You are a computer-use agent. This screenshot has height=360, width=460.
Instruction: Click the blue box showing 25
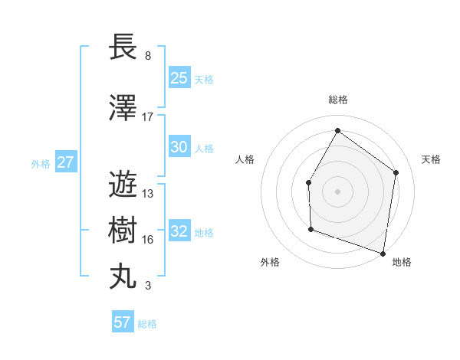[x=179, y=78]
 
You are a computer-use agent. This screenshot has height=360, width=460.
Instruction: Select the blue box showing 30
[x=179, y=147]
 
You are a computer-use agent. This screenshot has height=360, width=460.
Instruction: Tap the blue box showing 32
[x=179, y=231]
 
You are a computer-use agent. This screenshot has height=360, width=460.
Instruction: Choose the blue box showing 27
[x=65, y=162]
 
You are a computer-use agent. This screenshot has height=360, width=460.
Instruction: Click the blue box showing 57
[x=123, y=322]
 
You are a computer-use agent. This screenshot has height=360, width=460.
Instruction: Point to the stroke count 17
[x=148, y=117]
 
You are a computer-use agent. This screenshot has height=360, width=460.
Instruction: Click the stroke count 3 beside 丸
[x=148, y=286]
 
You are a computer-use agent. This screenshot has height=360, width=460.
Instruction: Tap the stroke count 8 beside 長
[x=148, y=56]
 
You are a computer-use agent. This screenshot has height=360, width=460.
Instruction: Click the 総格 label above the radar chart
[x=337, y=100]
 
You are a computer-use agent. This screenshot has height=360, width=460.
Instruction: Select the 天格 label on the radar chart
[x=431, y=159]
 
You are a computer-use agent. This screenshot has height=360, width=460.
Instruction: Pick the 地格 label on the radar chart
[x=402, y=263]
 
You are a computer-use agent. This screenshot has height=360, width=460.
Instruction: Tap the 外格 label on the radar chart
[x=270, y=263]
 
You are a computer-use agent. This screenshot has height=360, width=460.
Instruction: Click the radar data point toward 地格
[x=383, y=253]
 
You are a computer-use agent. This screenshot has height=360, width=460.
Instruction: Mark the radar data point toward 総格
[x=337, y=130]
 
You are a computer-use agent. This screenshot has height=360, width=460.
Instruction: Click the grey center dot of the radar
[x=337, y=191]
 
